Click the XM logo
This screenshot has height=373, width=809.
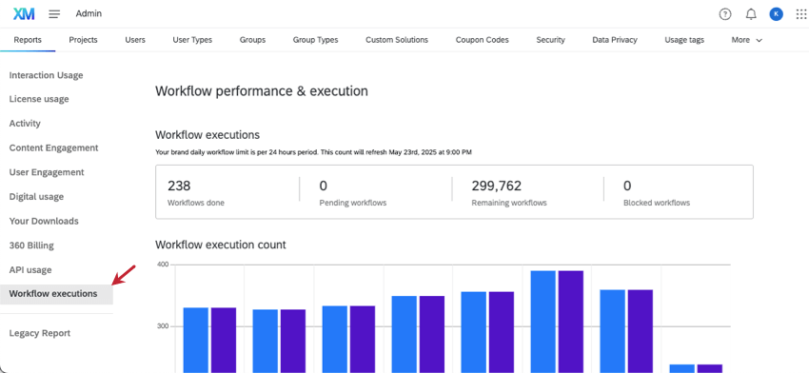tap(24, 13)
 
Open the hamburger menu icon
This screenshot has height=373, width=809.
tap(54, 13)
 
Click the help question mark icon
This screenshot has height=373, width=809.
tap(725, 14)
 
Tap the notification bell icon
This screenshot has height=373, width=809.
tap(751, 14)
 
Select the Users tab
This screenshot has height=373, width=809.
tap(135, 40)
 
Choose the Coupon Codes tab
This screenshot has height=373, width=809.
tap(482, 40)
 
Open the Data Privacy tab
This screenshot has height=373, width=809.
tap(614, 40)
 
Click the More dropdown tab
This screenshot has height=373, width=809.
tap(746, 40)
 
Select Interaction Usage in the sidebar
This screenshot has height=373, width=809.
tap(46, 75)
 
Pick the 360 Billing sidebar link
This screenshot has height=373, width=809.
tap(31, 245)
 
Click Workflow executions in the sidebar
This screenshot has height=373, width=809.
tap(53, 294)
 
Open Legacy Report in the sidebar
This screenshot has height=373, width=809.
tap(40, 333)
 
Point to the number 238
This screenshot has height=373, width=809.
tap(179, 186)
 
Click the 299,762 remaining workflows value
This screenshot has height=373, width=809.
tap(497, 186)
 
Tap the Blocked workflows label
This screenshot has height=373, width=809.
tap(657, 203)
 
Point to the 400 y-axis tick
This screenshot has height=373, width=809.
tap(162, 265)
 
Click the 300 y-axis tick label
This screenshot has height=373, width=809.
tap(162, 326)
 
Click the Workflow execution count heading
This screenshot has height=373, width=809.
tap(220, 245)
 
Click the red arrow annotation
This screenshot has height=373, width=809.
tap(124, 275)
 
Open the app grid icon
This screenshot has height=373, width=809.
tap(800, 14)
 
